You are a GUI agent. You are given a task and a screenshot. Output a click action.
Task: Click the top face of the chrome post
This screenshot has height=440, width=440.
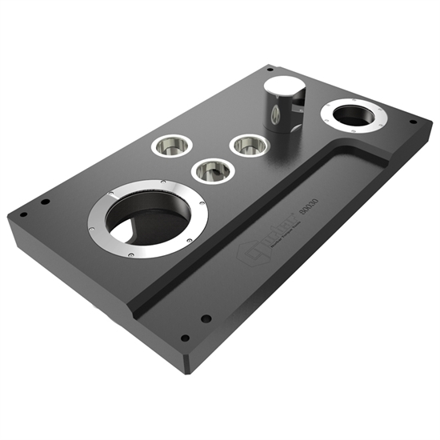282,89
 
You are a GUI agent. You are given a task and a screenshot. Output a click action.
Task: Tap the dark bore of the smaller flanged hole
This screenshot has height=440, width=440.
354,117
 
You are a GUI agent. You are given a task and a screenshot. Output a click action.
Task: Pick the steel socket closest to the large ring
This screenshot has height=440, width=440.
213,170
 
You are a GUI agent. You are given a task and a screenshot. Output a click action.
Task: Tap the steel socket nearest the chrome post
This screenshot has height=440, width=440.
248,146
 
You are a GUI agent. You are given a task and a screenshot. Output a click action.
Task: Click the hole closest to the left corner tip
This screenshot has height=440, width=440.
23,214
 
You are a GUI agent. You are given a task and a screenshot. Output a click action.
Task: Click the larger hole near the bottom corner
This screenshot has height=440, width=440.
206,318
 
